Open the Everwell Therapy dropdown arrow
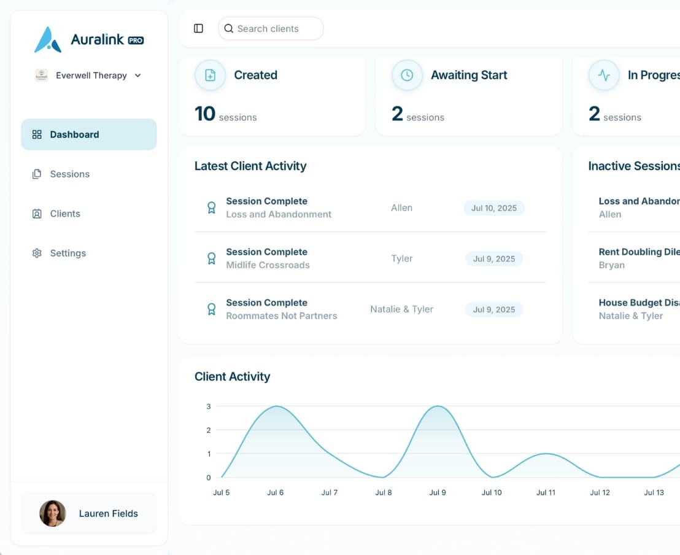(x=137, y=76)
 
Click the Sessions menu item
(x=69, y=174)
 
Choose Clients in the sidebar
(x=65, y=214)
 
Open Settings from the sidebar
(x=68, y=253)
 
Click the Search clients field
(x=271, y=29)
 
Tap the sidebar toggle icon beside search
(x=198, y=29)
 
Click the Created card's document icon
(x=210, y=76)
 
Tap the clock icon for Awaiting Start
(x=407, y=76)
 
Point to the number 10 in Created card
(x=205, y=114)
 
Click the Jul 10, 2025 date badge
(x=494, y=208)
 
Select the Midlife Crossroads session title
(x=268, y=265)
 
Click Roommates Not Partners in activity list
(x=281, y=316)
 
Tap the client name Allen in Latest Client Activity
(x=401, y=208)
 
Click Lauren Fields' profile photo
(x=53, y=513)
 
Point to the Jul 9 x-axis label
(x=438, y=492)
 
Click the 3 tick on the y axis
(x=209, y=406)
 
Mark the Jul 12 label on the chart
(x=600, y=492)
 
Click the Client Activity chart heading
(x=232, y=377)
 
